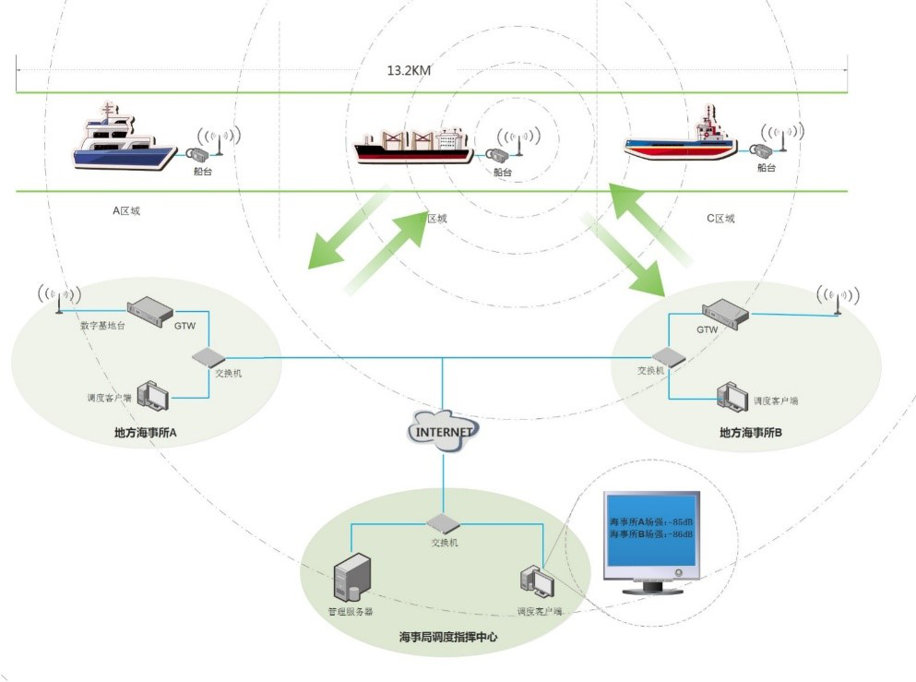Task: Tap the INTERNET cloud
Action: click(x=444, y=431)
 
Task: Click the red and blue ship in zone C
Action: click(x=682, y=139)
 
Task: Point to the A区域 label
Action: click(x=126, y=210)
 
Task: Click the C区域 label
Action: click(x=720, y=219)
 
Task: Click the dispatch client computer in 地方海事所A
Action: click(x=152, y=396)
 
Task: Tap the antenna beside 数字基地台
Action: click(x=57, y=300)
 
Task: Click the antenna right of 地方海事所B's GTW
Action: click(x=837, y=300)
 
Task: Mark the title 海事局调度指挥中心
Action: click(x=446, y=637)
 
